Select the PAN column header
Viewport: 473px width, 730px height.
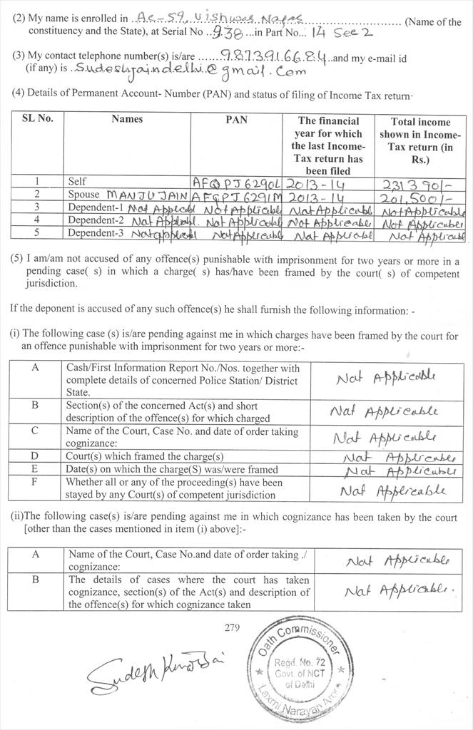[236, 120]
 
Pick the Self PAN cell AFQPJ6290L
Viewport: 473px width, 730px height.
[237, 182]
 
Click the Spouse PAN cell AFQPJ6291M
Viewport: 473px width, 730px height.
[237, 195]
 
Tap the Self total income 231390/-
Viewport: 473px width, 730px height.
[419, 182]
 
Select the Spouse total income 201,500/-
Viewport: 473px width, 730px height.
[419, 196]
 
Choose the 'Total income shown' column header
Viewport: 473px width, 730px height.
[420, 140]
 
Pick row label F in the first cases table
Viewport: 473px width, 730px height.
[35, 483]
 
